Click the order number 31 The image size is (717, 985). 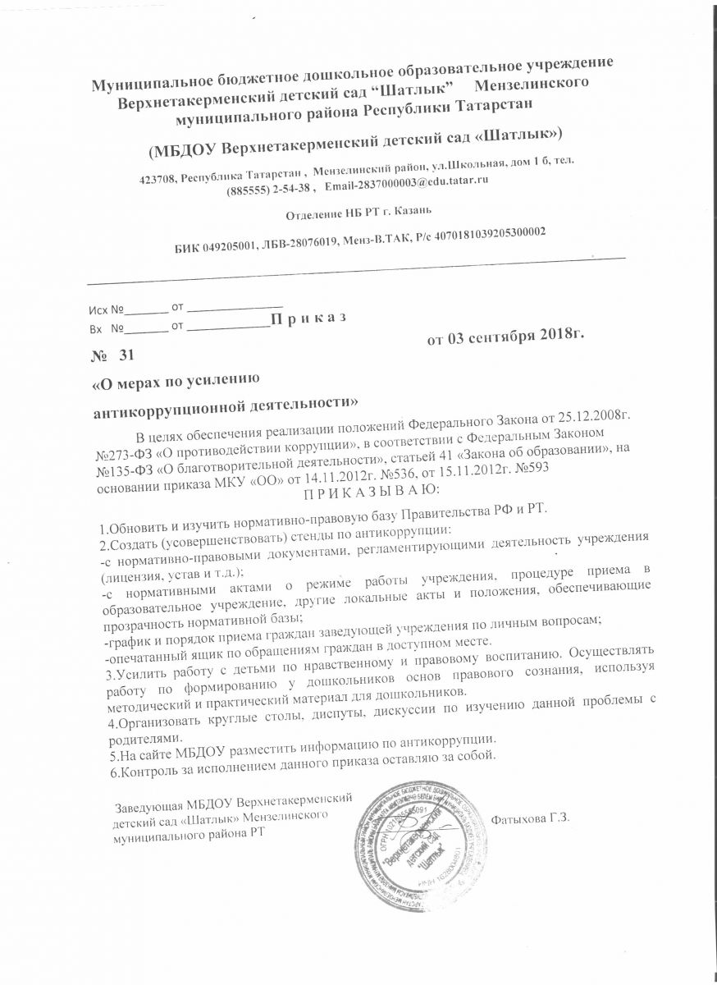click(125, 355)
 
